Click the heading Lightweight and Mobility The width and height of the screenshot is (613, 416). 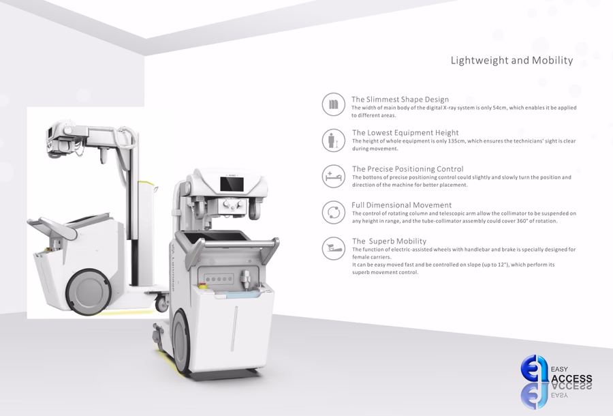512,60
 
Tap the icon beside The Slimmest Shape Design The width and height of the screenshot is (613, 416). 334,104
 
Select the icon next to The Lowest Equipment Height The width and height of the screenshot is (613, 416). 334,140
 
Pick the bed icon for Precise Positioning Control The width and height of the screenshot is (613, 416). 334,176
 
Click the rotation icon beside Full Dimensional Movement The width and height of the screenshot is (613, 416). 334,213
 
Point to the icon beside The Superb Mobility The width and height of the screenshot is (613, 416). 334,248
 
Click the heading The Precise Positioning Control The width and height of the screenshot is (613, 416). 408,168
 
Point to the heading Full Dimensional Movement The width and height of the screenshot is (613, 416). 401,205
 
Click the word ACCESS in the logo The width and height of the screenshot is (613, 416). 571,378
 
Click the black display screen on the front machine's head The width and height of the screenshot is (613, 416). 232,184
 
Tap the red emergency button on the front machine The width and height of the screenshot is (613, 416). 203,286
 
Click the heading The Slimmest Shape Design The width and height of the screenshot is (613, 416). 400,100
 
